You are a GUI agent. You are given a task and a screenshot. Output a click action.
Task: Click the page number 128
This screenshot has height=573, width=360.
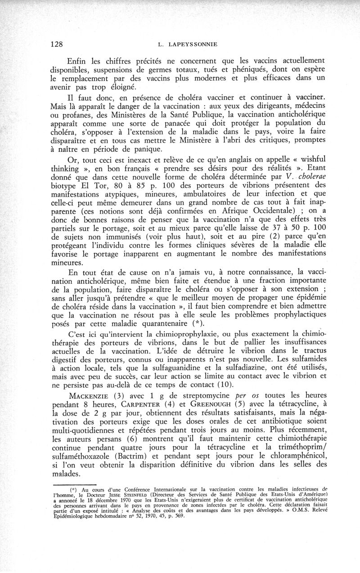coord(56,44)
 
